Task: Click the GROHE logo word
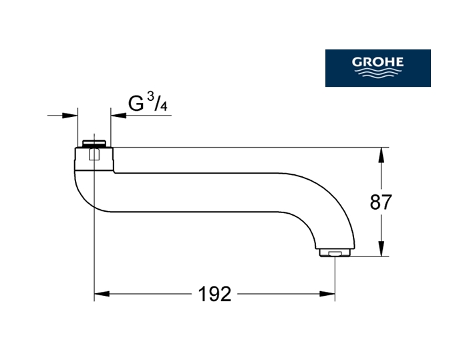[377, 62]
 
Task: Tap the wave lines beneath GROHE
[377, 73]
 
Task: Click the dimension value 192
[214, 294]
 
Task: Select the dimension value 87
[381, 202]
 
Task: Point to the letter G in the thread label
[136, 104]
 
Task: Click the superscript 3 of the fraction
[150, 97]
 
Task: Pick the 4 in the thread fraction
[163, 106]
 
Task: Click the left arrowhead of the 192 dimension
[102, 294]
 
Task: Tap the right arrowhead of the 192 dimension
[327, 294]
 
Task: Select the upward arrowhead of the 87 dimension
[381, 155]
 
